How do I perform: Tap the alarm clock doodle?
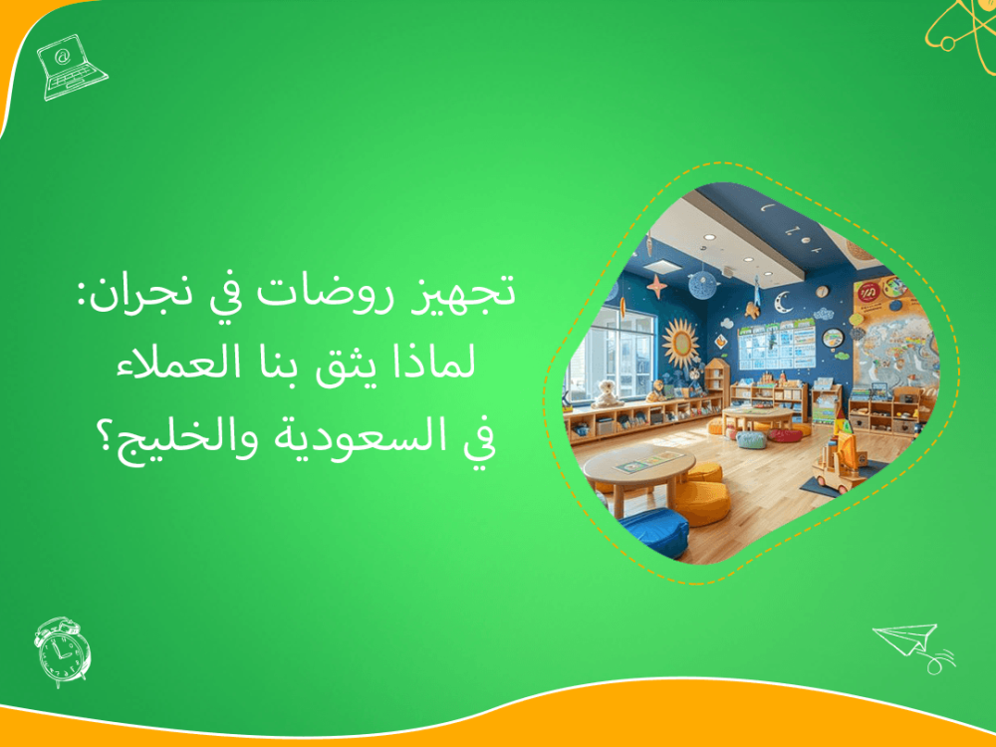tap(62, 650)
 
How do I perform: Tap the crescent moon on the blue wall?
tap(784, 299)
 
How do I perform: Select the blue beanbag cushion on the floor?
tap(652, 530)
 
